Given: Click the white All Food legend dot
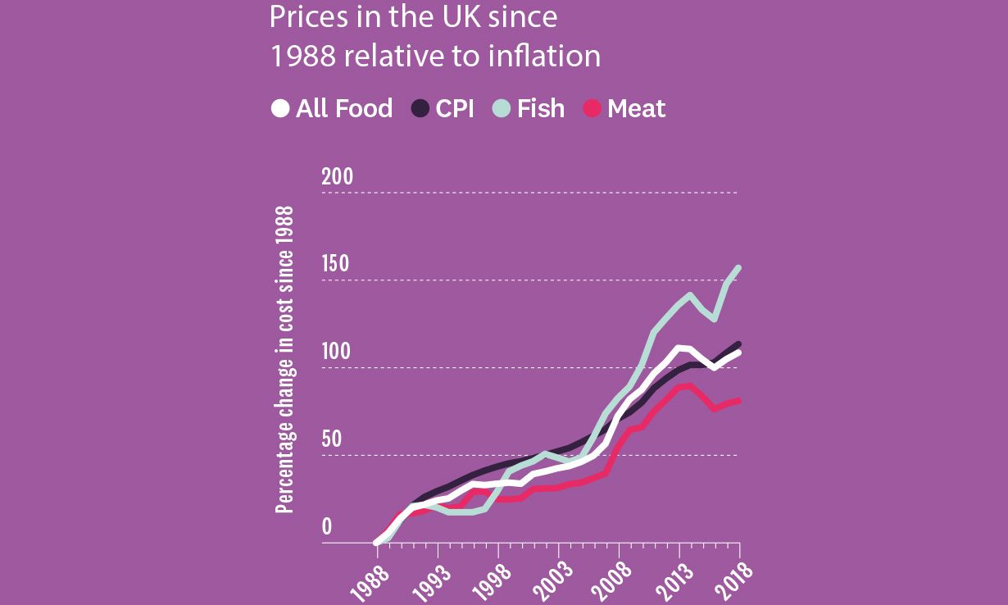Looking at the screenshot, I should tap(280, 108).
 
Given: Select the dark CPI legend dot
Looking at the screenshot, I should tap(420, 108).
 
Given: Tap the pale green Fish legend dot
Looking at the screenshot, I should tap(502, 108).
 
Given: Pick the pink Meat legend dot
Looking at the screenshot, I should tap(592, 108).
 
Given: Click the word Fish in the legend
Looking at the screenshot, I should tap(540, 108).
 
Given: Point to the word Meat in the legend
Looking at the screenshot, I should tap(636, 108).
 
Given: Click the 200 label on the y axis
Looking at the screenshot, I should tap(337, 177).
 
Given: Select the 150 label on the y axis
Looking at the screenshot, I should tap(335, 264).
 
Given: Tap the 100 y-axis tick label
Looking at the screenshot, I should tap(335, 352).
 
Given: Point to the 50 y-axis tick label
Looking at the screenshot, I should tap(331, 439).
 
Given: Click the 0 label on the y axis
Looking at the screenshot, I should tap(327, 527).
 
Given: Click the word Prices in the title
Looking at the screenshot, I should tap(304, 16).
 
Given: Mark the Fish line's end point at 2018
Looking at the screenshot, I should tap(739, 268).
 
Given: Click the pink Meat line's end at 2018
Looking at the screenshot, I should tap(738, 401).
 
